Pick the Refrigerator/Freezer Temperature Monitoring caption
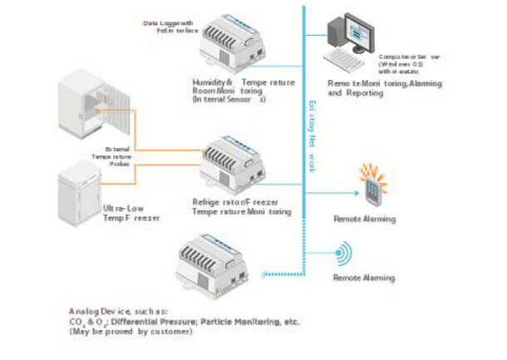click(x=239, y=206)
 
